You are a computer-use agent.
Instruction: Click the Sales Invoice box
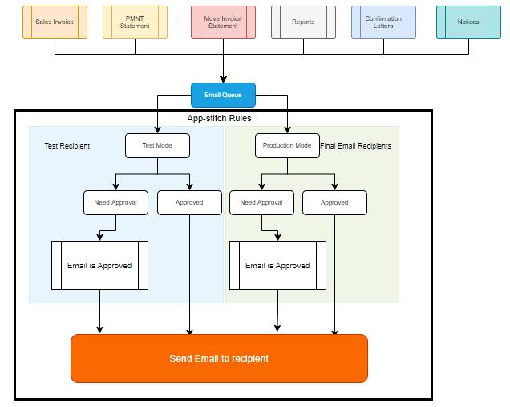pyautogui.click(x=55, y=22)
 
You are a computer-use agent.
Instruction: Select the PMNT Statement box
pyautogui.click(x=135, y=22)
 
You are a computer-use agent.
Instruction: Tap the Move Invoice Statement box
pyautogui.click(x=223, y=22)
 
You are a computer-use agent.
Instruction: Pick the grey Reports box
pyautogui.click(x=303, y=22)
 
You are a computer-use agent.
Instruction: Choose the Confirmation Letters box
pyautogui.click(x=383, y=22)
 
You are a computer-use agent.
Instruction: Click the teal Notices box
pyautogui.click(x=468, y=22)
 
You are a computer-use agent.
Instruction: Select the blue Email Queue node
pyautogui.click(x=223, y=95)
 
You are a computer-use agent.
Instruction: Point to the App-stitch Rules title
pyautogui.click(x=219, y=118)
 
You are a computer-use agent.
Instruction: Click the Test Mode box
pyautogui.click(x=157, y=145)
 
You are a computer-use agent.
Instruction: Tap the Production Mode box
pyautogui.click(x=287, y=145)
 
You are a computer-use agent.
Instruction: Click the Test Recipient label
pyautogui.click(x=67, y=146)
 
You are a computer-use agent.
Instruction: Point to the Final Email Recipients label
pyautogui.click(x=355, y=146)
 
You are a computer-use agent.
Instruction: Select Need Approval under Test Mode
pyautogui.click(x=115, y=202)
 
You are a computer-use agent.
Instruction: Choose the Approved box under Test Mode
pyautogui.click(x=189, y=202)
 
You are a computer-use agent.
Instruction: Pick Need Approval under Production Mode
pyautogui.click(x=261, y=202)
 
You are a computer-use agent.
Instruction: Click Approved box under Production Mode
pyautogui.click(x=334, y=202)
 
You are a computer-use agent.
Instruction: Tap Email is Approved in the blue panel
pyautogui.click(x=99, y=265)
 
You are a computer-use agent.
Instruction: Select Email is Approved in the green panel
pyautogui.click(x=277, y=265)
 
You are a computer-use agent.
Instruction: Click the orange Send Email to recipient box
pyautogui.click(x=219, y=358)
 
